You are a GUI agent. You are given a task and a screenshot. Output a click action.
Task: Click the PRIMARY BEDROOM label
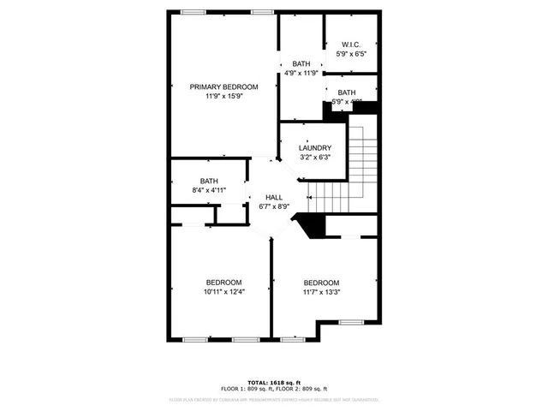[x=223, y=87]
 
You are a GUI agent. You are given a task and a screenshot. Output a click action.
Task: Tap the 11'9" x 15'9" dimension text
[x=223, y=97]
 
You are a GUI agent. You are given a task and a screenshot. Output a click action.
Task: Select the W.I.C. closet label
[x=350, y=45]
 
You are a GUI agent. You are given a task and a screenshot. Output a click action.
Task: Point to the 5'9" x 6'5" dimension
[x=350, y=54]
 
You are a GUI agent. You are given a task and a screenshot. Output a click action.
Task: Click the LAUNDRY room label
[x=315, y=148]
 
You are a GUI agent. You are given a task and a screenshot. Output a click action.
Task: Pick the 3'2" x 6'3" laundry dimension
[x=315, y=158]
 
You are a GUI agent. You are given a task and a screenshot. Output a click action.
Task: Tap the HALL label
[x=274, y=197]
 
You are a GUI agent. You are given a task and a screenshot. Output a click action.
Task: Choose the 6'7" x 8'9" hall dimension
[x=274, y=206]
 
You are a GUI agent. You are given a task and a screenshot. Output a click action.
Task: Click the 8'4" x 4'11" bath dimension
[x=209, y=190]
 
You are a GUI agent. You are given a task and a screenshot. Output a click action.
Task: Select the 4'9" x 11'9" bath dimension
[x=301, y=73]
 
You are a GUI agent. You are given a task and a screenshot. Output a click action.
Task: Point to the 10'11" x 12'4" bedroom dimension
[x=223, y=292]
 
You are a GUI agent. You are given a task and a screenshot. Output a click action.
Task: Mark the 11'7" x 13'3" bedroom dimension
[x=321, y=293]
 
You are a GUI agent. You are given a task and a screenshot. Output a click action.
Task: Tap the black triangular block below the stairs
[x=312, y=227]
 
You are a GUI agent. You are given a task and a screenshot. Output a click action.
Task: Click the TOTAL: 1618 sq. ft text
[x=274, y=382]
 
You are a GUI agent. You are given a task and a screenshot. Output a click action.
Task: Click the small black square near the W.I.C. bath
[x=371, y=109]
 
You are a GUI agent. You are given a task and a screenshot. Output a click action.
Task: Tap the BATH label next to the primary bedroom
[x=301, y=63]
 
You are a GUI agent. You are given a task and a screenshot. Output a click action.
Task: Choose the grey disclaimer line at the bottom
[x=274, y=399]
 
